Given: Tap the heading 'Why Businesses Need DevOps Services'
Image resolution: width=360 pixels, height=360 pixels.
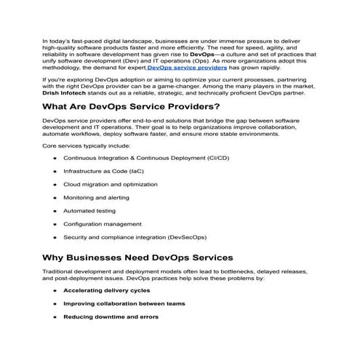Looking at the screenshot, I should [x=138, y=257].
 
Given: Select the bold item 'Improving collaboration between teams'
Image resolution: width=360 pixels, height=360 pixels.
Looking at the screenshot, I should [x=124, y=303].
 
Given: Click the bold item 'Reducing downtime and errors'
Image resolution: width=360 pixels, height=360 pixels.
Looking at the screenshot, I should [x=111, y=317].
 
